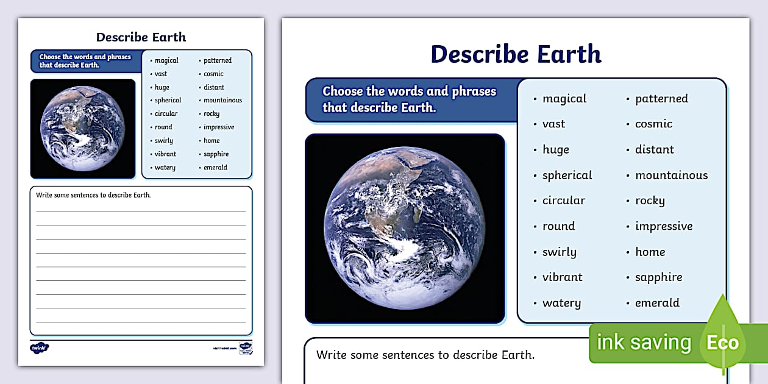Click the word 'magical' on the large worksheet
(564, 99)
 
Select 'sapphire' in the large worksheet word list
(658, 277)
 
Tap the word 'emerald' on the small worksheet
(215, 168)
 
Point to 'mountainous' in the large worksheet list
(671, 176)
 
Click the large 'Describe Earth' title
(516, 54)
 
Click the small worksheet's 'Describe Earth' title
(141, 37)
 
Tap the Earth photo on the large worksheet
(405, 227)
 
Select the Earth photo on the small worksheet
(83, 128)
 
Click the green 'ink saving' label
(644, 343)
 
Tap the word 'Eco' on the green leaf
(722, 343)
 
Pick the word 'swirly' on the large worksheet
(559, 252)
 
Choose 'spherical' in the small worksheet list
(168, 101)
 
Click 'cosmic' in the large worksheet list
(653, 124)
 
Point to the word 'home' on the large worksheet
(650, 252)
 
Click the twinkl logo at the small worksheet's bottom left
(40, 347)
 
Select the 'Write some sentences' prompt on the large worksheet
(425, 355)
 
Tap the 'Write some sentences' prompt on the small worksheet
(93, 195)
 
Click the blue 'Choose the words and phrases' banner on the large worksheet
(410, 99)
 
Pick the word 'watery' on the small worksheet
(165, 168)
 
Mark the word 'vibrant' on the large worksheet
(562, 277)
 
